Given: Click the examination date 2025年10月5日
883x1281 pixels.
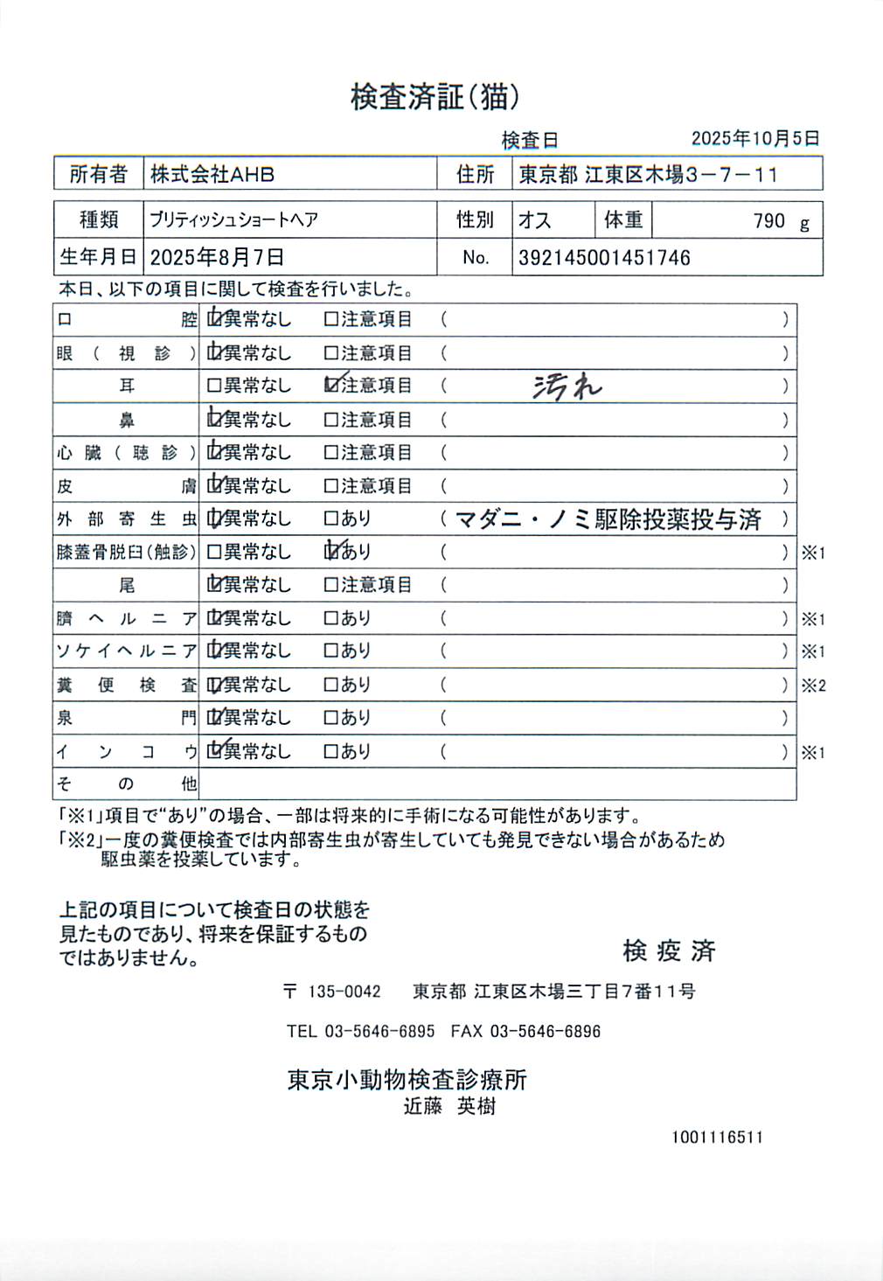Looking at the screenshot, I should (754, 138).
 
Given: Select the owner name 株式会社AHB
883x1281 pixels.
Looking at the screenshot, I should (212, 174).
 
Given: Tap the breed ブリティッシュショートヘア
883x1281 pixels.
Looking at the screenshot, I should (233, 219).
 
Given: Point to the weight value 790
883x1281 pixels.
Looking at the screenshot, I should (769, 220).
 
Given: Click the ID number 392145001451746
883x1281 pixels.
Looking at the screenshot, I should (604, 258).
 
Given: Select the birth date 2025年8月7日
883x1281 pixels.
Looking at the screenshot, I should (217, 258).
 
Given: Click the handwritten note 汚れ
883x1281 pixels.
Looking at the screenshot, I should (567, 386).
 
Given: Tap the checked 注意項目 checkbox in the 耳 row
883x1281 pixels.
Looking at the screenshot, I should (331, 385).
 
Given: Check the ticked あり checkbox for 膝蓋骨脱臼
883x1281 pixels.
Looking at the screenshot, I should (331, 551).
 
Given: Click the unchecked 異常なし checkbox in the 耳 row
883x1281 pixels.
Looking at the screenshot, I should (213, 386).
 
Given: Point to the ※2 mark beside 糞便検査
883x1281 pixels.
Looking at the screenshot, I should (813, 686).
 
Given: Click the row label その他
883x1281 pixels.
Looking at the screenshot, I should (126, 783).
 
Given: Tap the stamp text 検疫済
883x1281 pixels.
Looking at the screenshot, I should (669, 950).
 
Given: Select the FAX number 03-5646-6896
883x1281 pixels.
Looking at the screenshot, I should (545, 1031).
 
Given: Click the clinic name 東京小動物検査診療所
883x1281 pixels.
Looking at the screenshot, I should (407, 1080).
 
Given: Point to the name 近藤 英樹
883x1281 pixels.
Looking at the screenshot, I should (449, 1106).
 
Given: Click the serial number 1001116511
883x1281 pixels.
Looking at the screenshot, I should (717, 1138).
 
